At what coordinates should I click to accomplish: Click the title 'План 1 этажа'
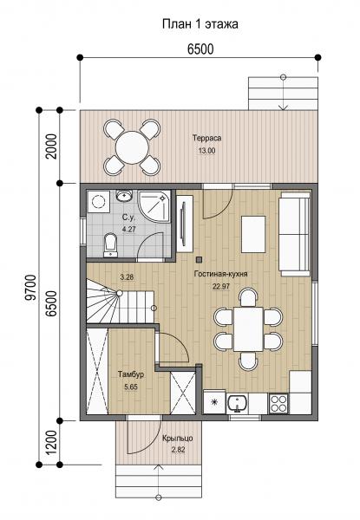pos(200,24)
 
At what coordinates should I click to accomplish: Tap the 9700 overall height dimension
pos(31,287)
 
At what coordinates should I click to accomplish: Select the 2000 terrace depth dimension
pos(51,146)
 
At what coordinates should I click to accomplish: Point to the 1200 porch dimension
pos(51,443)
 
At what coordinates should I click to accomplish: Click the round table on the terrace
pos(132,147)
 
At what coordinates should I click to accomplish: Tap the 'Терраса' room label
pos(207,138)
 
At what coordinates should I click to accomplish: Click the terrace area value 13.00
pos(206,151)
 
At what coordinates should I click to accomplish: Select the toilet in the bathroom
pos(110,245)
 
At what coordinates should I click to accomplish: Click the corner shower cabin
pos(154,208)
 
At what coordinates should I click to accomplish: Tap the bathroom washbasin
pos(124,195)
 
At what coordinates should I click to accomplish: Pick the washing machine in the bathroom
pos(98,201)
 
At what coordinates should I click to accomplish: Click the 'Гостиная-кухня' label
pos(221,274)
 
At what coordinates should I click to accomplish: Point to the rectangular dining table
pos(248,329)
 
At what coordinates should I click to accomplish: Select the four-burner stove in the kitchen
pos(278,403)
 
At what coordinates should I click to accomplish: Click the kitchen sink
pos(237,403)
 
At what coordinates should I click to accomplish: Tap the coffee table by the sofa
pos(253,234)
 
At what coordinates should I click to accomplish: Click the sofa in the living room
pos(295,234)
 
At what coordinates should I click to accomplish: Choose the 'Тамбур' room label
pos(131,374)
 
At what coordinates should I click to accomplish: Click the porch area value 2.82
pos(178,450)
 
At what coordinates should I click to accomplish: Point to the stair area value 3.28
pos(127,277)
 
